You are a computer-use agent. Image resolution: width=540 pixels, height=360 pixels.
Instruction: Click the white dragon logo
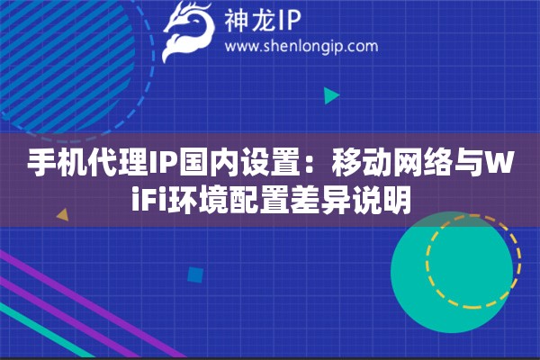click(188, 31)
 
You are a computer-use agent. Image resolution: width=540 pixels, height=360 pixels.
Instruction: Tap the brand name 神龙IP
click(263, 21)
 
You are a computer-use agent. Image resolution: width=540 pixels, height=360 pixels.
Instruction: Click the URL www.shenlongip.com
click(301, 46)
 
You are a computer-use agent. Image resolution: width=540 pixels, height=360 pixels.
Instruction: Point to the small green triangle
click(331, 95)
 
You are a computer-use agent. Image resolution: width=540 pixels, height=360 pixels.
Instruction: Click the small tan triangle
click(63, 214)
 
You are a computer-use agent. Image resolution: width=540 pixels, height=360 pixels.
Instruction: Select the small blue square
click(195, 274)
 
